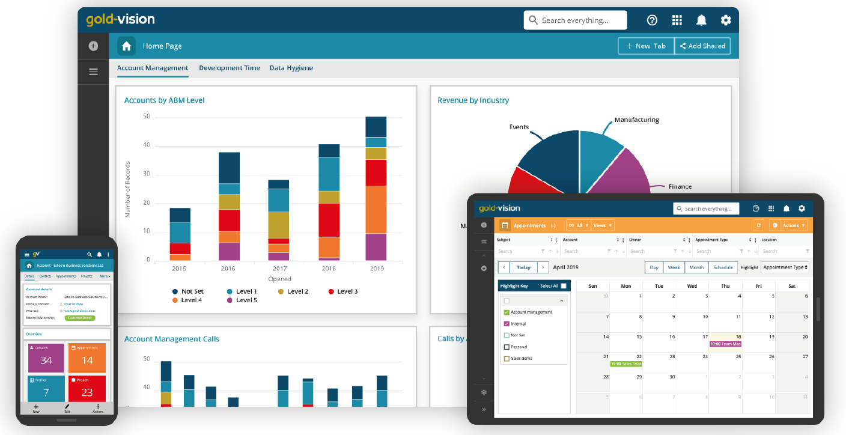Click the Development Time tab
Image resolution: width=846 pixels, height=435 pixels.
coord(230,68)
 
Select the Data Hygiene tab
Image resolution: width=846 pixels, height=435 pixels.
coord(291,68)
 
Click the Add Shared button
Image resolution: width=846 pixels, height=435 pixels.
coord(702,46)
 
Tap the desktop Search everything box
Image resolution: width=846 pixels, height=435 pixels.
coord(575,20)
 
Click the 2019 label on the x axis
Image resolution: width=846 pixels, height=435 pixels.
coord(376,268)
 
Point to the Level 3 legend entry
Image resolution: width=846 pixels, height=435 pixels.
coord(343,291)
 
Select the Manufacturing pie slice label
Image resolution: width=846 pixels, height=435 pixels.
coord(636,120)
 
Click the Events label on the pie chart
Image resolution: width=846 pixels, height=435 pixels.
coord(519,127)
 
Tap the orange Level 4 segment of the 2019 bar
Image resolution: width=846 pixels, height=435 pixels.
coord(376,209)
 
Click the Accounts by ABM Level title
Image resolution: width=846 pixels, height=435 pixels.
coord(164,100)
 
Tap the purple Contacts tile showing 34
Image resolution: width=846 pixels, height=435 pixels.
coord(46,357)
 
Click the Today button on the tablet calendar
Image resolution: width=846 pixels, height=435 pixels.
coord(523,267)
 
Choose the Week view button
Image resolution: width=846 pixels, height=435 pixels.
coord(674,267)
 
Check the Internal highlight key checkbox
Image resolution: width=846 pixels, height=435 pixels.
coord(507,324)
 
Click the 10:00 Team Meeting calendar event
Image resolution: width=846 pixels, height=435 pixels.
coord(725,344)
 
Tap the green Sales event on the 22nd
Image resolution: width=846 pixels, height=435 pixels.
coord(626,364)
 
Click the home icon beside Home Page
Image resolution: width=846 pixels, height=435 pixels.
coord(126,46)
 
